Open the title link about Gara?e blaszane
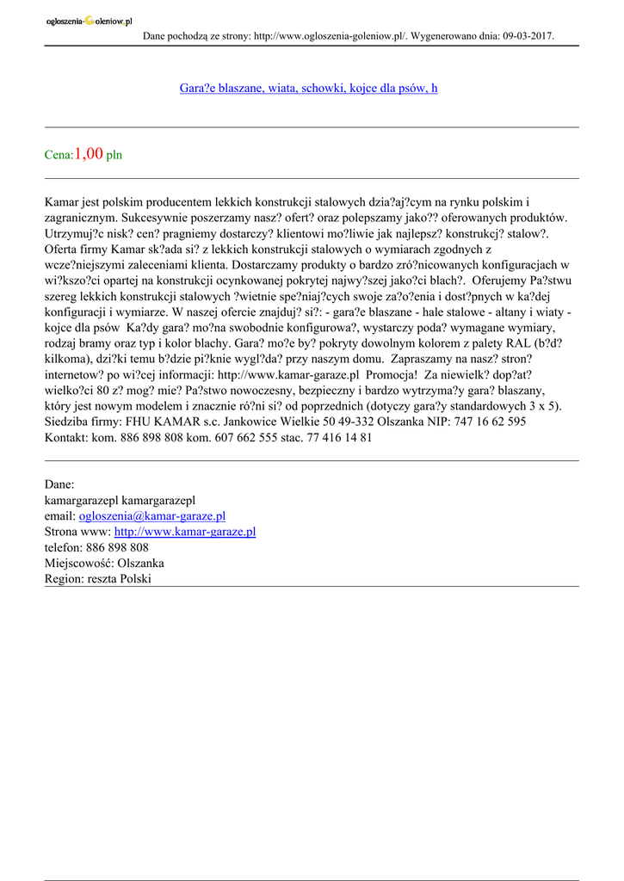[x=308, y=89]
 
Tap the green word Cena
[x=58, y=156]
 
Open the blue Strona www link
[x=184, y=532]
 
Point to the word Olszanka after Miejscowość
[x=140, y=563]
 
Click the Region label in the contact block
[x=64, y=579]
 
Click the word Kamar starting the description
[x=61, y=202]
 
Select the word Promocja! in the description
[x=392, y=374]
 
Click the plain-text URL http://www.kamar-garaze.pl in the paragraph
[x=288, y=374]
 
